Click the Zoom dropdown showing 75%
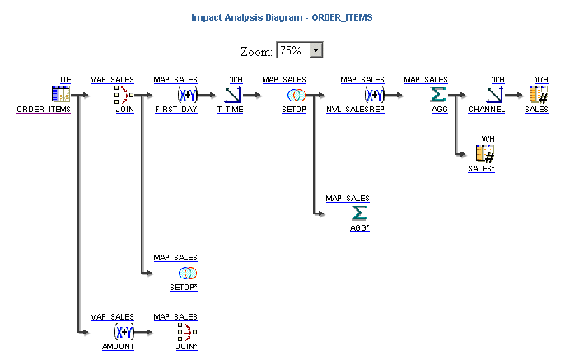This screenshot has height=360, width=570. [300, 51]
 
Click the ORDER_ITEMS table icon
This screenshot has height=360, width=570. [61, 95]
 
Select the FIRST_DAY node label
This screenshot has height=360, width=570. [175, 110]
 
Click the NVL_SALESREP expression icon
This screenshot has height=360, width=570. [374, 95]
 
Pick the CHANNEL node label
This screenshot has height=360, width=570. [487, 110]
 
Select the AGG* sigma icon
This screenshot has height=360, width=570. [360, 213]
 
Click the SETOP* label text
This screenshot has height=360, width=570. [183, 287]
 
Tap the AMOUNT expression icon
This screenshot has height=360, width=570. [124, 332]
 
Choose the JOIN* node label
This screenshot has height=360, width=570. [186, 347]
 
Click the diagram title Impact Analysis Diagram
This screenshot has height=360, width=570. [283, 16]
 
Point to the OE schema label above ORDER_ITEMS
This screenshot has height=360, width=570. [66, 80]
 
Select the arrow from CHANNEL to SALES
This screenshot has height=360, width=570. [516, 95]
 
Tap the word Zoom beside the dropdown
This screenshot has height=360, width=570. [256, 52]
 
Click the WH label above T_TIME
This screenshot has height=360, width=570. [236, 80]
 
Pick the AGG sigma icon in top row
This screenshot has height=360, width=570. [438, 95]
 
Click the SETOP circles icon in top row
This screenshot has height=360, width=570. [297, 95]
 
